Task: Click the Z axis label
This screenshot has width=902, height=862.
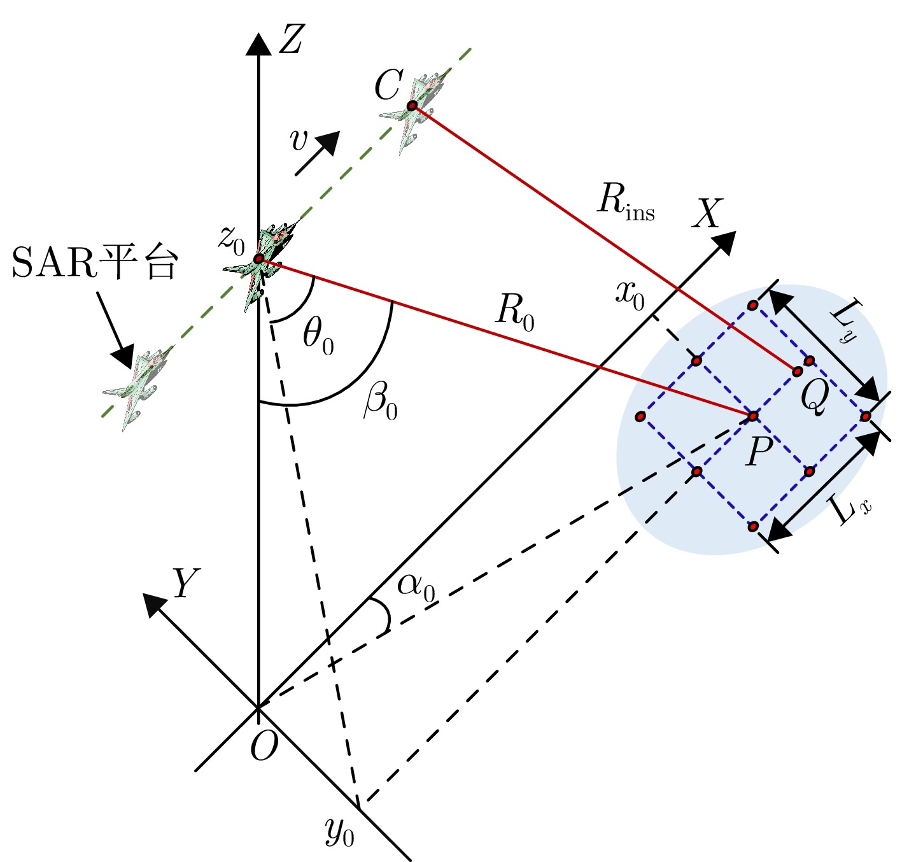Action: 291,39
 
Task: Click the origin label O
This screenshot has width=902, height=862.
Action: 264,745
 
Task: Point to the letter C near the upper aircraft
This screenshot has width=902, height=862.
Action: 388,86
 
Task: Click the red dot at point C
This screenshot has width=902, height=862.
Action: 412,105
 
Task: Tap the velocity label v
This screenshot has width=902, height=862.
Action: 299,140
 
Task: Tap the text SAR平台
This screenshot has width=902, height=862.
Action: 94,263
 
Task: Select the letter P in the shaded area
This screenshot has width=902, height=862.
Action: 759,452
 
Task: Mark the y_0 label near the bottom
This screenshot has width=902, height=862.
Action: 339,831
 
